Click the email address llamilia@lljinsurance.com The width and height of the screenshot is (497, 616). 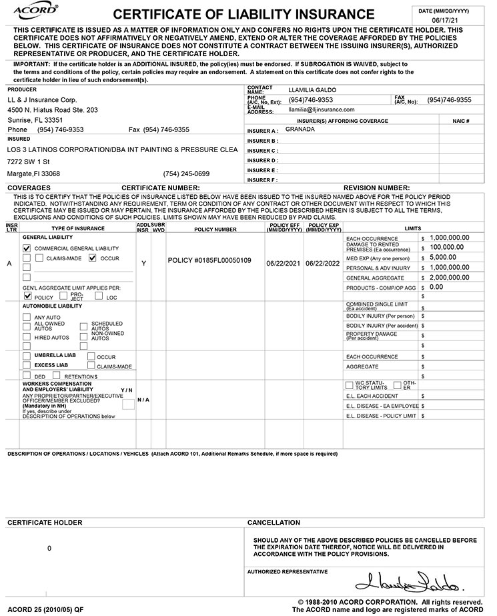[x=321, y=109]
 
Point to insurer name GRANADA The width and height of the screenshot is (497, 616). [x=300, y=130]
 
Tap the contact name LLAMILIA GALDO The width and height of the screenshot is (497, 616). [x=312, y=89]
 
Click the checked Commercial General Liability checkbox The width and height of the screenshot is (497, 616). [x=27, y=248]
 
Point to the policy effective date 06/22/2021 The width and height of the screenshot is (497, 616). [x=284, y=263]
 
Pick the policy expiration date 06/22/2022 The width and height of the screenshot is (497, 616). [x=324, y=263]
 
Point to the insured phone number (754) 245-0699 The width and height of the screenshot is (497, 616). [x=186, y=174]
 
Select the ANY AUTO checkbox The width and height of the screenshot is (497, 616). [x=27, y=317]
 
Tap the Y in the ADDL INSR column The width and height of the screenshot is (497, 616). [x=143, y=264]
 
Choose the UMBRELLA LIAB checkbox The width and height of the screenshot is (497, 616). [x=27, y=356]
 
